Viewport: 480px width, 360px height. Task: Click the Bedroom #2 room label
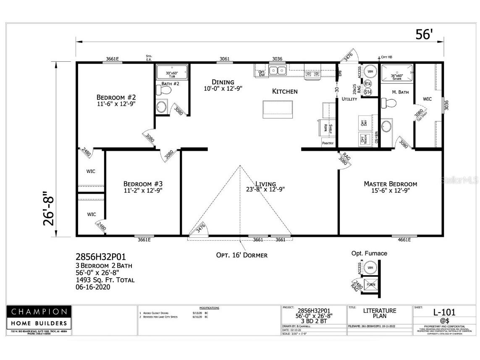point(116,97)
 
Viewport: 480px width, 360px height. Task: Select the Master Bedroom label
point(390,184)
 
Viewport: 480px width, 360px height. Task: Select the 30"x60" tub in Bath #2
point(173,72)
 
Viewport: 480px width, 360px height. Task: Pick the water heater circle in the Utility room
point(370,71)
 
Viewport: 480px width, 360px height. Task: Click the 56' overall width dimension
point(423,34)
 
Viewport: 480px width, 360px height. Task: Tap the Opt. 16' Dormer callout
point(241,255)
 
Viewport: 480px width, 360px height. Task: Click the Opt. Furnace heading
point(369,253)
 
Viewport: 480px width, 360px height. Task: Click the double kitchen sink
point(277,70)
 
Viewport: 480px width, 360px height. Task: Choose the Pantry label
point(328,143)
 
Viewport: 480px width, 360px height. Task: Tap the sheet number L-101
point(444,312)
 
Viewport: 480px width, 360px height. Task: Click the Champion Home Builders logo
point(39,318)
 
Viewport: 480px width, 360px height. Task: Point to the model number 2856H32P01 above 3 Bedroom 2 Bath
point(100,257)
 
